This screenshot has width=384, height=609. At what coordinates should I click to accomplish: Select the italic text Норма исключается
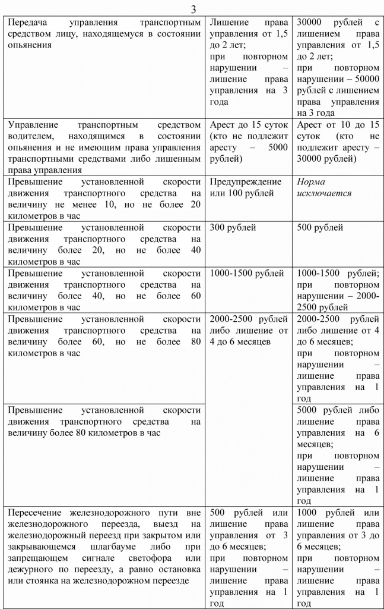(324, 187)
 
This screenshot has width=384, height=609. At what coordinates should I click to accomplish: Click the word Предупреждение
(242, 181)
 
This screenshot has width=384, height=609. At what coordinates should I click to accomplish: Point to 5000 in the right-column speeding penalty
(309, 410)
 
